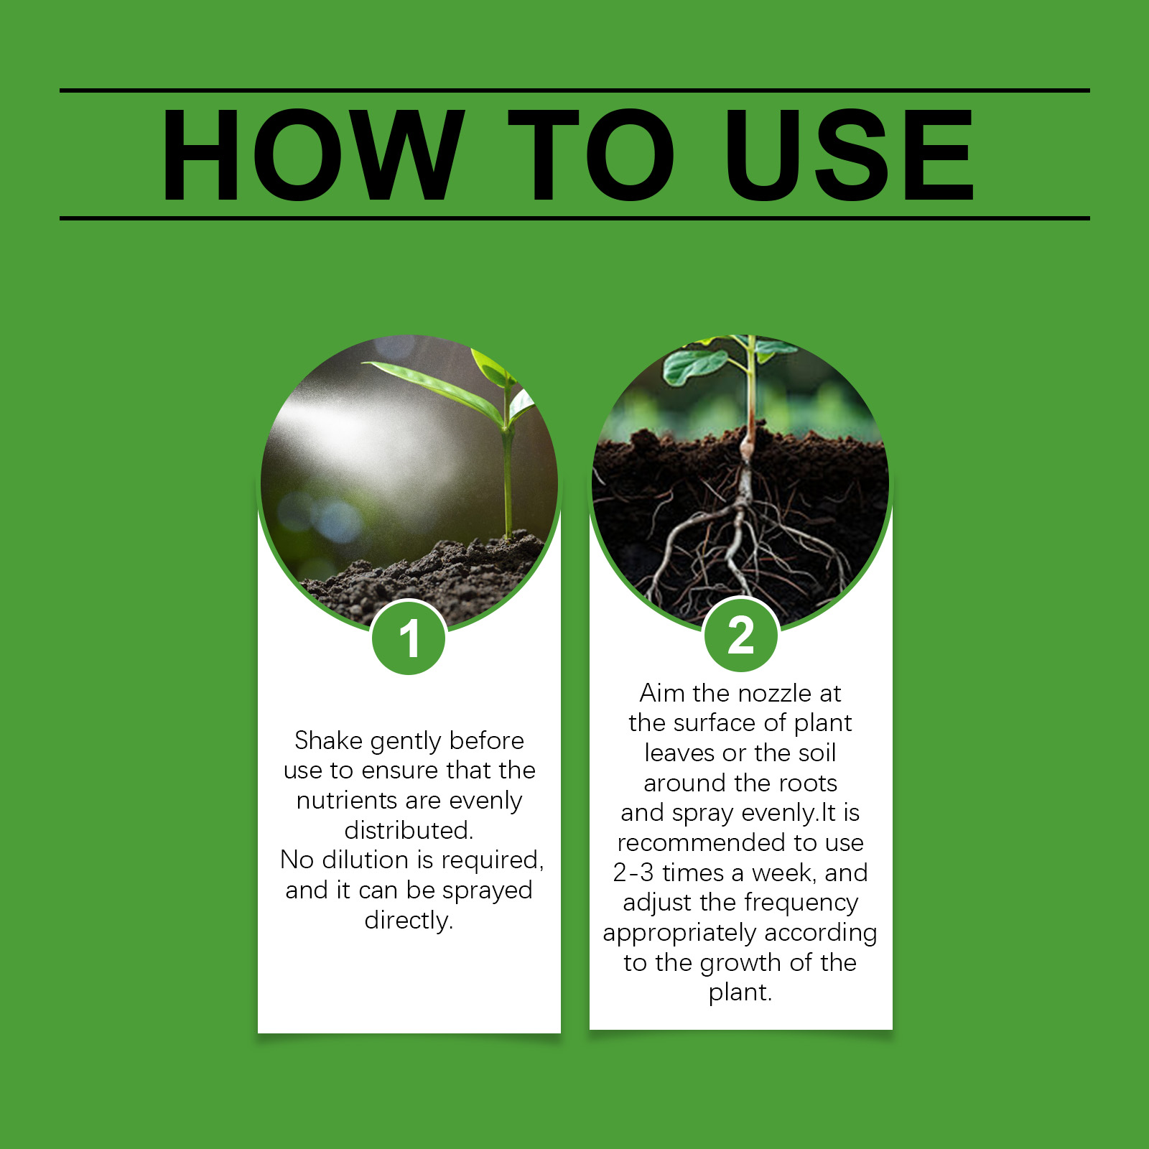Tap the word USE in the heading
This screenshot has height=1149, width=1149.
850,155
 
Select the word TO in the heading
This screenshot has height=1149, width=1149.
590,155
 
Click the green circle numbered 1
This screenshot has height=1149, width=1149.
409,638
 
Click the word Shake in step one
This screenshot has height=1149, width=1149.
328,740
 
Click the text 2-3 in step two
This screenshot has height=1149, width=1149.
633,873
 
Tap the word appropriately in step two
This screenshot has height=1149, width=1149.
679,933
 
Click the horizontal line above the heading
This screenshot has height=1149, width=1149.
574,90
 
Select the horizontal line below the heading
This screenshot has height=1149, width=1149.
574,218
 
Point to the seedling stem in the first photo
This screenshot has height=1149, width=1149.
508,474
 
